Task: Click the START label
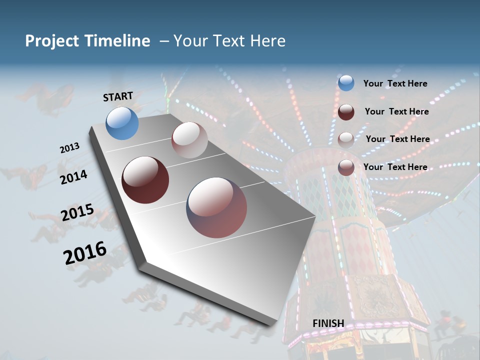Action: (x=118, y=96)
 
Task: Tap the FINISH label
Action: (x=328, y=323)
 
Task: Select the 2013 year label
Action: (x=69, y=148)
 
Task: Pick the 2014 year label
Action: (x=73, y=177)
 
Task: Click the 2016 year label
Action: (x=85, y=253)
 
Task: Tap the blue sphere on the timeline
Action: (x=122, y=123)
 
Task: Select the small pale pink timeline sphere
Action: (x=189, y=140)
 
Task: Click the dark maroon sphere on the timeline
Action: (x=145, y=180)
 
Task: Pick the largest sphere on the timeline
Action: (x=216, y=207)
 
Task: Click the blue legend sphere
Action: (x=346, y=83)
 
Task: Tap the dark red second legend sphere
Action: (x=346, y=112)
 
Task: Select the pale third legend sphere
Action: (x=346, y=139)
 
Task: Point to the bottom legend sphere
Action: (x=346, y=167)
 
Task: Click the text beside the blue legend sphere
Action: (x=395, y=84)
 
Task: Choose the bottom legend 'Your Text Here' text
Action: (x=395, y=167)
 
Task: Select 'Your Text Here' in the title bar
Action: (x=229, y=41)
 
